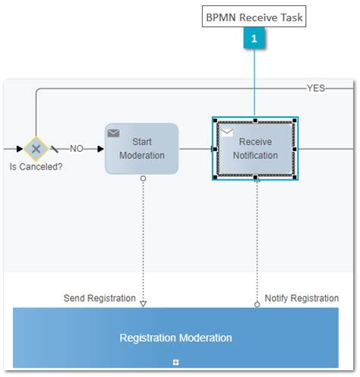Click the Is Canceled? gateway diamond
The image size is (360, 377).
(x=35, y=148)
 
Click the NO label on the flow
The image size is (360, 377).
(x=77, y=149)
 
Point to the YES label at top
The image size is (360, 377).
(x=315, y=88)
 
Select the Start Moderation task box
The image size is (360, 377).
(x=141, y=148)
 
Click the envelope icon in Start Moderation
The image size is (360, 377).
(x=114, y=133)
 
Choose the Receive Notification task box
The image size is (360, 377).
(x=255, y=148)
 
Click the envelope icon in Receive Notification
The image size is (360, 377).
(x=226, y=133)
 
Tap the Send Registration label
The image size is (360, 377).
(x=99, y=298)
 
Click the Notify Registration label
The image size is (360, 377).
(x=302, y=298)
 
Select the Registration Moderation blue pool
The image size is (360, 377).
(x=175, y=337)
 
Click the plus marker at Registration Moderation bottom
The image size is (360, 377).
(x=176, y=362)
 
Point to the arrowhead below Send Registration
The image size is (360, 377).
(x=143, y=303)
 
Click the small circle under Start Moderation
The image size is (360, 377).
(x=143, y=178)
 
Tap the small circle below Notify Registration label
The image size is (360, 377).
(x=257, y=304)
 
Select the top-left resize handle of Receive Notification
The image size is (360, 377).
(x=215, y=120)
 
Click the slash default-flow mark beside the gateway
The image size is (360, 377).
(x=55, y=149)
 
